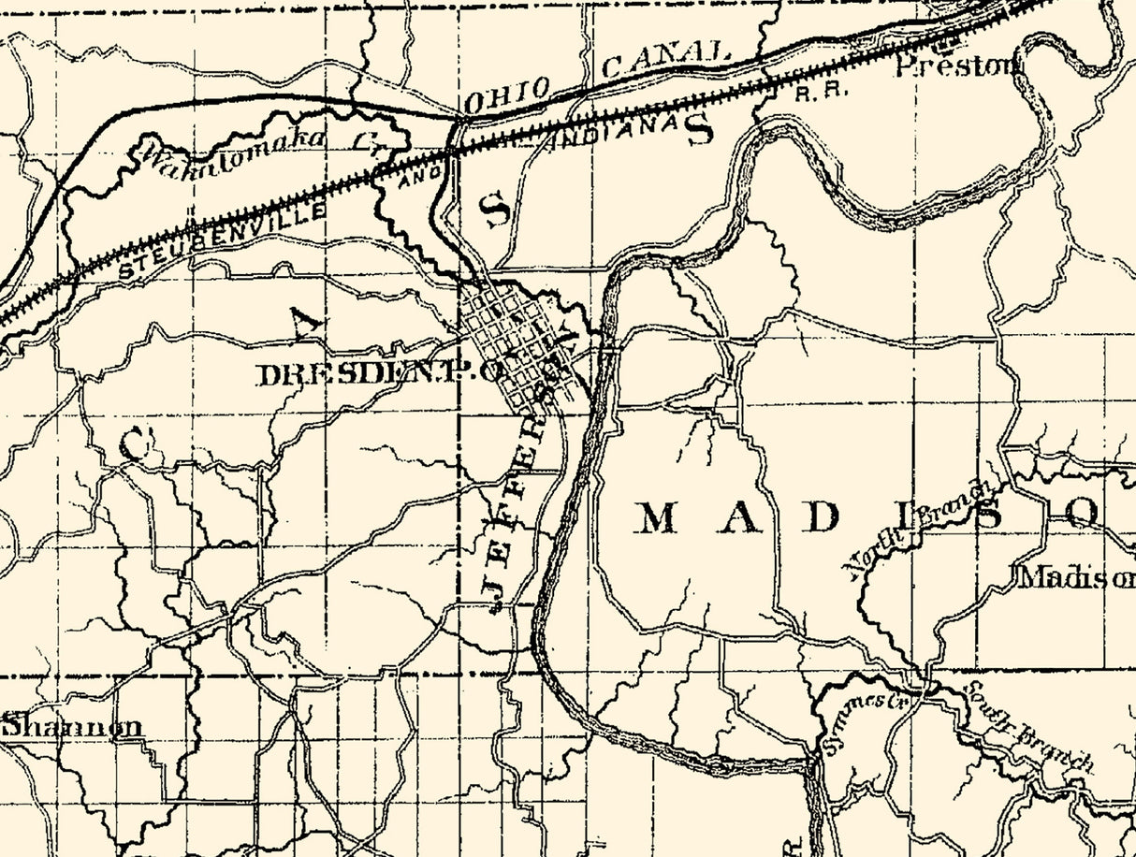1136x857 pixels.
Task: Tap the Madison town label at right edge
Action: point(1075,577)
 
